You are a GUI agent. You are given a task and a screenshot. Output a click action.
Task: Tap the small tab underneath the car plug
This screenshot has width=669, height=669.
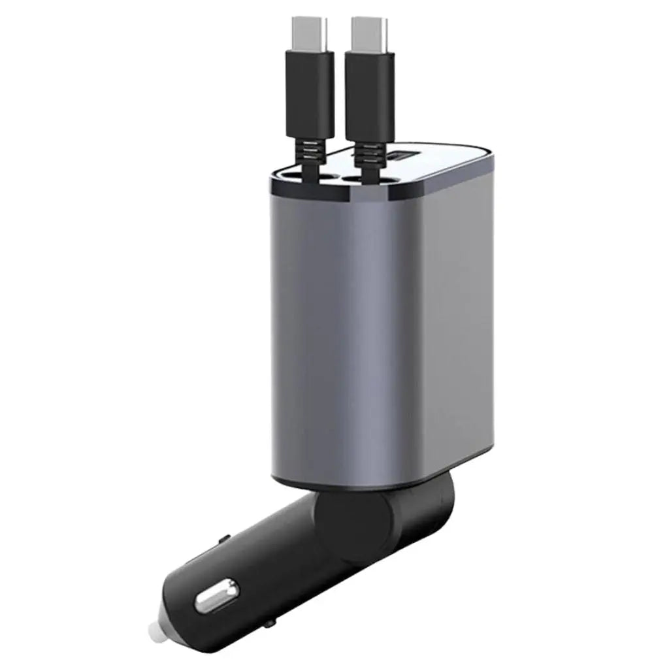click(x=268, y=627)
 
